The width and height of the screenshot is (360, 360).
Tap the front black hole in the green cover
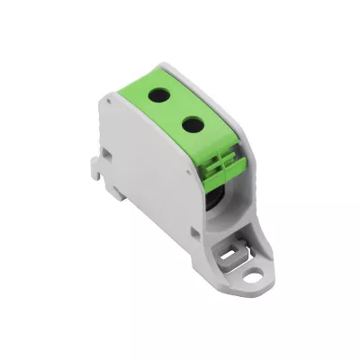point(188,122)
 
